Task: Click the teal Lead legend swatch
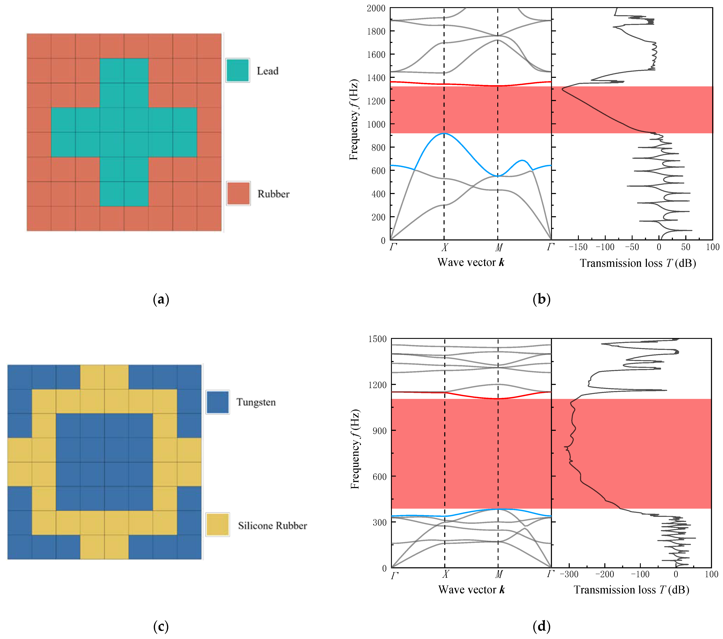coord(238,70)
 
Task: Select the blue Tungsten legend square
coord(217,402)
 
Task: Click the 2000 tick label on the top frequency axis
coord(376,8)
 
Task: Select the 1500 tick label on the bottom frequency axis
coord(377,339)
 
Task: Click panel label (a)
coord(161,299)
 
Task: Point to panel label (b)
coord(541,299)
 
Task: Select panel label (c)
coord(161,627)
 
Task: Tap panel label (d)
coord(541,627)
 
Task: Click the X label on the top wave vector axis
coord(444,247)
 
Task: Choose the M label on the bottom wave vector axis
coord(498,574)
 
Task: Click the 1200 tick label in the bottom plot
coord(377,385)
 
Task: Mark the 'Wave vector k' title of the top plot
coord(470,262)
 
